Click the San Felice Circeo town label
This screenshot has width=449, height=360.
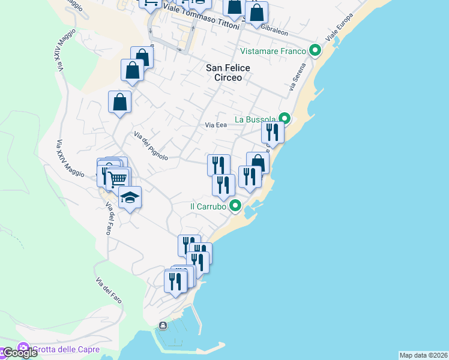coord(224,73)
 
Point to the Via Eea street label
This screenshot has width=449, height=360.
coord(215,125)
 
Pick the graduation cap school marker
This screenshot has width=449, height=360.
coord(130,197)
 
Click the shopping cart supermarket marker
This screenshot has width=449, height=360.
coord(118,178)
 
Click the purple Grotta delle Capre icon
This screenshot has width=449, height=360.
coord(23,348)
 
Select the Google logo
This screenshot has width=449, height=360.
coord(19,353)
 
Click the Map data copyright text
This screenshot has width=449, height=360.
coord(423,355)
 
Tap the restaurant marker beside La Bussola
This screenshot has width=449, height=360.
coord(273,133)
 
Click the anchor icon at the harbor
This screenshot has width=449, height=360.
coord(163,326)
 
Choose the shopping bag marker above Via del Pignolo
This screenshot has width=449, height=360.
coord(120,101)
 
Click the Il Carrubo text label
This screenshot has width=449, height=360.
coord(207,206)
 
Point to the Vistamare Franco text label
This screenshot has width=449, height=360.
coord(273,51)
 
